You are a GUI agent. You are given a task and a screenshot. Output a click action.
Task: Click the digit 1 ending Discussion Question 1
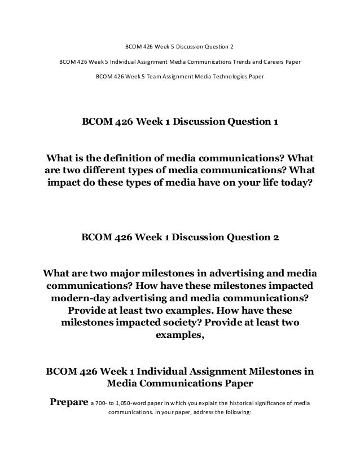tap(275, 122)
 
